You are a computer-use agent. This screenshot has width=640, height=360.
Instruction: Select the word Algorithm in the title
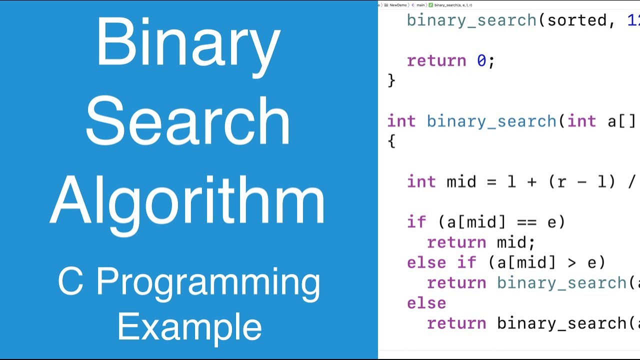coord(188,200)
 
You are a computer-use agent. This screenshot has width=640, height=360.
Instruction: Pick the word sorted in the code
coord(576,20)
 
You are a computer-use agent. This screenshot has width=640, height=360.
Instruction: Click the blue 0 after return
coord(481,61)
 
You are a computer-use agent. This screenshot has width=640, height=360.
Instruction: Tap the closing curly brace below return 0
coord(391,80)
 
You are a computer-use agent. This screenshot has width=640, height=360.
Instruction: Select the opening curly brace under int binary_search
coord(391,141)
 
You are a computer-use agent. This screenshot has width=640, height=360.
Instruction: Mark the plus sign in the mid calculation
coord(531,181)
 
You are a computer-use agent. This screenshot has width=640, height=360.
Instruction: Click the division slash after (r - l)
coord(631,181)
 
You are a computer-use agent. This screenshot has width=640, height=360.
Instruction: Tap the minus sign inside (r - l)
coord(581,181)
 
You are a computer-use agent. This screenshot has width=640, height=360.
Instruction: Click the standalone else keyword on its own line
coord(426,303)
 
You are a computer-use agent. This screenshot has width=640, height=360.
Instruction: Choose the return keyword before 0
coord(436,61)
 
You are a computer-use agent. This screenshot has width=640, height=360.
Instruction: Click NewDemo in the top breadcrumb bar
coord(398,5)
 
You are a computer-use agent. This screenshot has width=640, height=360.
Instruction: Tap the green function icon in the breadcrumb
coord(431,5)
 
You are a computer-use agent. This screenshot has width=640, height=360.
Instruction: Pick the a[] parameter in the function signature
coord(621,121)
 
